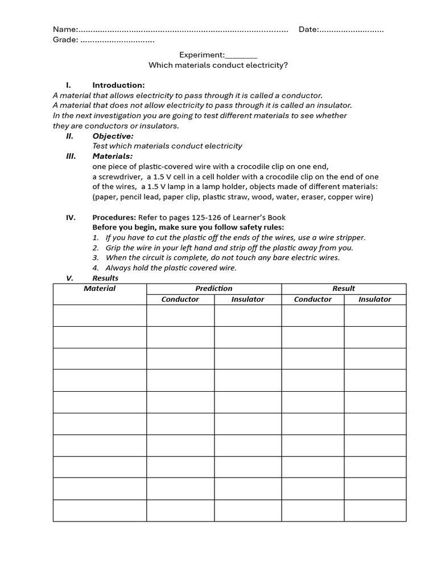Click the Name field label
pyautogui.click(x=64, y=30)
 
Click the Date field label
pyautogui.click(x=308, y=30)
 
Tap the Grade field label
pyautogui.click(x=65, y=40)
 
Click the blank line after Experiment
pyautogui.click(x=241, y=55)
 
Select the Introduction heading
pyautogui.click(x=118, y=85)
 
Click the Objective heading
pyautogui.click(x=113, y=136)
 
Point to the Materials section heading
pyautogui.click(x=113, y=156)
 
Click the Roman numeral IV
pyautogui.click(x=71, y=217)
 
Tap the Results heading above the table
pyautogui.click(x=105, y=278)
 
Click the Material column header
pyautogui.click(x=100, y=289)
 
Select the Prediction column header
pyautogui.click(x=214, y=289)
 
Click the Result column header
pyautogui.click(x=344, y=289)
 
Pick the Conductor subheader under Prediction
pyautogui.click(x=180, y=299)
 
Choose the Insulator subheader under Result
pyautogui.click(x=375, y=299)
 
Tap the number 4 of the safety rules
pyautogui.click(x=96, y=268)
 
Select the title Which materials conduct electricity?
pyautogui.click(x=218, y=65)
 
